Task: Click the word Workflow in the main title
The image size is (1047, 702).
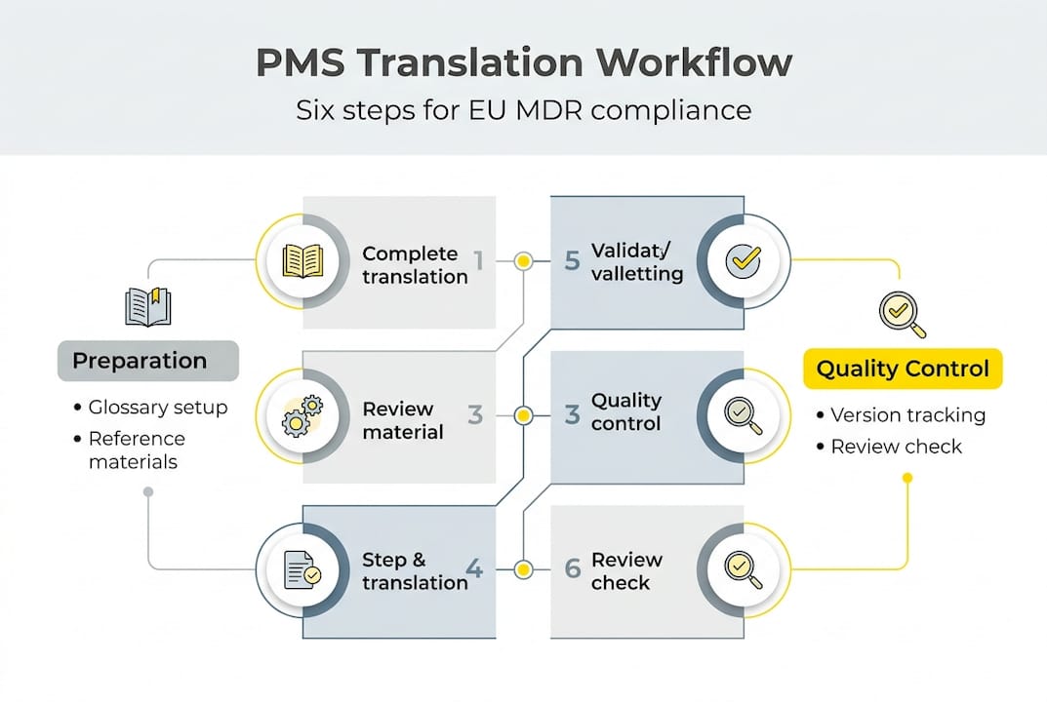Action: (x=694, y=63)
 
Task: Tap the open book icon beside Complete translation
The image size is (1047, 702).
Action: (x=302, y=261)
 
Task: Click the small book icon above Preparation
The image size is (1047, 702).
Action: (x=148, y=306)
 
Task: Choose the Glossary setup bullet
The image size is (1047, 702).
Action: (x=157, y=408)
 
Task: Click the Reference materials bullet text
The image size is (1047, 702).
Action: (x=137, y=450)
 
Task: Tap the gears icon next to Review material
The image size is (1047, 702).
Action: (x=302, y=415)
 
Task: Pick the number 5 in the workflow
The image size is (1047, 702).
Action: (x=573, y=260)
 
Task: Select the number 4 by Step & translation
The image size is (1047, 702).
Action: (x=475, y=568)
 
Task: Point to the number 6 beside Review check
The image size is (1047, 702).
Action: (x=573, y=568)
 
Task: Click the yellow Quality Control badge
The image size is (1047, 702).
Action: (x=903, y=370)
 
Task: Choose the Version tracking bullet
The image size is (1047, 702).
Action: (x=907, y=415)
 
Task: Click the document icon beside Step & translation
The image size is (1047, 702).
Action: (x=302, y=569)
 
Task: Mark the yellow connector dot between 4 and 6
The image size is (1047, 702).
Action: (x=524, y=568)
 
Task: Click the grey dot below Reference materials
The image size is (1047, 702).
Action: (x=148, y=492)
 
